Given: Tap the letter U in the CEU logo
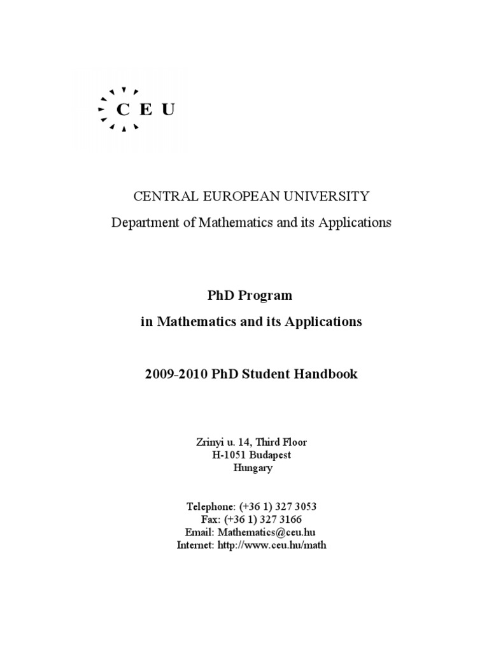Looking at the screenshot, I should pos(168,110).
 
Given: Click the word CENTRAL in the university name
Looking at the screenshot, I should pos(159,196).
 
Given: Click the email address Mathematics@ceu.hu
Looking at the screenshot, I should pos(267,532).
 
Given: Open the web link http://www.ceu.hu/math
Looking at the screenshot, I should pos(272,546).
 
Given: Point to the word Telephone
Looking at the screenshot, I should pos(210,507).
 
